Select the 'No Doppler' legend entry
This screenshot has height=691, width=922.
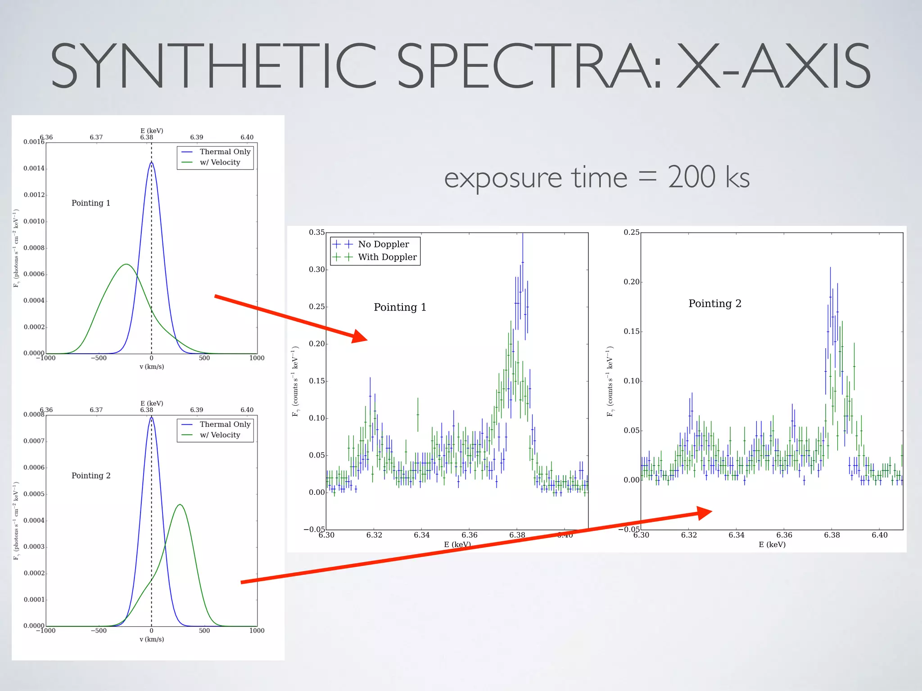tap(383, 244)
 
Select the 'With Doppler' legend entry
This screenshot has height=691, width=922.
tap(387, 257)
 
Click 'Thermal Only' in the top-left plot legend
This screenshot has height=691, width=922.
tap(225, 152)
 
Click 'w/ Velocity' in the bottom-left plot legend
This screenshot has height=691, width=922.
tap(220, 435)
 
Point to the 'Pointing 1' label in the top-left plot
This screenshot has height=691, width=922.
tap(90, 203)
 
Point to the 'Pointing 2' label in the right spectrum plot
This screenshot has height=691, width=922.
tap(714, 304)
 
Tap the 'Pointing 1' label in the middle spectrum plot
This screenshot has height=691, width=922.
tap(400, 307)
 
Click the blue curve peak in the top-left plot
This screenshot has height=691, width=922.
tap(151, 163)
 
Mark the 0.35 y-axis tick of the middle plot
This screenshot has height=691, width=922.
tap(316, 232)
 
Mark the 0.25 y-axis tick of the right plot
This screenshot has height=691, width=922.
tap(631, 232)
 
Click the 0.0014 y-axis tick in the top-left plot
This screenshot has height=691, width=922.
tap(34, 168)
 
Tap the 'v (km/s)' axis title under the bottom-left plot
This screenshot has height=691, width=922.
tap(152, 639)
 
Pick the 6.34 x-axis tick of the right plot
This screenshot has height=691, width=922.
tap(737, 535)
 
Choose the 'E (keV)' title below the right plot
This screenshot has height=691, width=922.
tap(772, 545)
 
